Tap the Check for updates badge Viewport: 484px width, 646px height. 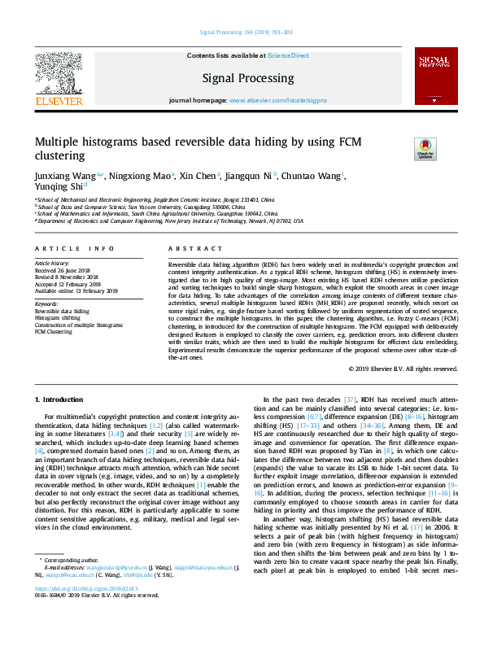tap(425, 150)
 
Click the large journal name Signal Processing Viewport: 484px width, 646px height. tap(249, 78)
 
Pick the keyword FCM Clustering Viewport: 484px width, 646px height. tap(54, 331)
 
